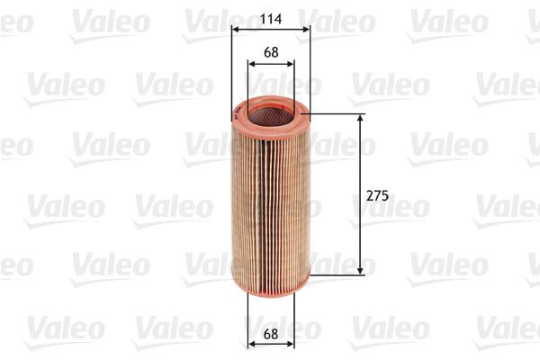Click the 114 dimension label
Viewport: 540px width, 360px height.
(x=270, y=16)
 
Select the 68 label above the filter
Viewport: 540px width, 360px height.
(x=270, y=51)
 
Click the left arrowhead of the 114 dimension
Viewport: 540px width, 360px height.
(x=235, y=29)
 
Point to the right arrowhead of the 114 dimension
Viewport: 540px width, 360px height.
(x=306, y=29)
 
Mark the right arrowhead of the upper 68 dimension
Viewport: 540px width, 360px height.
(x=290, y=64)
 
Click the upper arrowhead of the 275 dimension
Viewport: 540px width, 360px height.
(x=362, y=118)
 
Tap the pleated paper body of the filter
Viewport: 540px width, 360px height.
(x=270, y=198)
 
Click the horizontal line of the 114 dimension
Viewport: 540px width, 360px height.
(x=270, y=29)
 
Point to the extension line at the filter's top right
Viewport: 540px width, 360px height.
(x=337, y=114)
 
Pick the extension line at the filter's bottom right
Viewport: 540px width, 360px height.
(x=337, y=274)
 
